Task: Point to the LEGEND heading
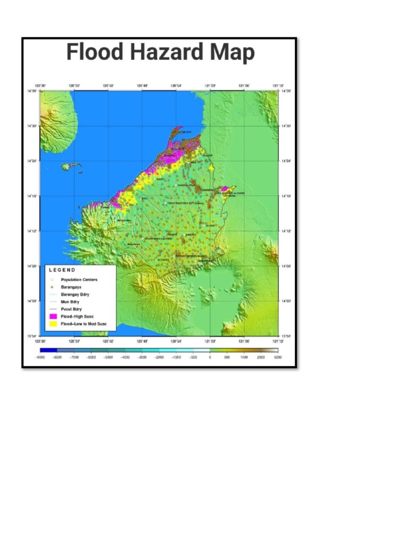click(62, 270)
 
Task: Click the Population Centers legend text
click(79, 280)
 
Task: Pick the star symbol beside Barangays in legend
click(53, 287)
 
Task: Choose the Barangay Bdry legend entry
click(76, 294)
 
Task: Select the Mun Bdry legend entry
click(71, 301)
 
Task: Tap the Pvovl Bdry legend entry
click(72, 309)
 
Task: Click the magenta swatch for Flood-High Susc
click(53, 316)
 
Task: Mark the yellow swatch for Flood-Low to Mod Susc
click(53, 323)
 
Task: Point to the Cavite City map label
click(185, 133)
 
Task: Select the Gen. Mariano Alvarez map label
click(230, 193)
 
